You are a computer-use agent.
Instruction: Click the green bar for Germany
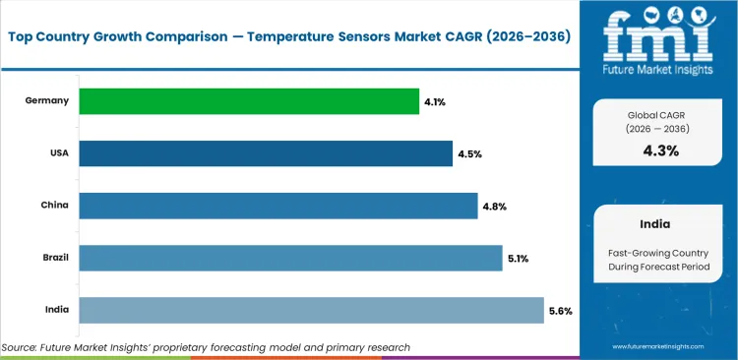click(x=248, y=101)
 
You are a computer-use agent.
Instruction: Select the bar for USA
click(x=266, y=153)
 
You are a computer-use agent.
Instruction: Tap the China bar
click(x=277, y=206)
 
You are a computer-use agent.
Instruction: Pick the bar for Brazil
click(x=290, y=258)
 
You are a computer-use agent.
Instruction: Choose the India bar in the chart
click(x=311, y=310)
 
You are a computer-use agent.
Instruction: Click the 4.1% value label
click(x=434, y=101)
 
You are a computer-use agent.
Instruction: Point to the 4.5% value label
click(x=468, y=153)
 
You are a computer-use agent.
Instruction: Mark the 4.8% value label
click(x=494, y=206)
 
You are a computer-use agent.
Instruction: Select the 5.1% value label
click(x=519, y=259)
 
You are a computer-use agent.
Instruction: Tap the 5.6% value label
click(x=560, y=311)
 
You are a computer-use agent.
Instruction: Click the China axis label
click(x=53, y=206)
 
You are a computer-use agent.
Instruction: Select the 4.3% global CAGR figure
click(x=659, y=150)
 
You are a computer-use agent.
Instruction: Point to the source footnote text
click(x=206, y=347)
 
